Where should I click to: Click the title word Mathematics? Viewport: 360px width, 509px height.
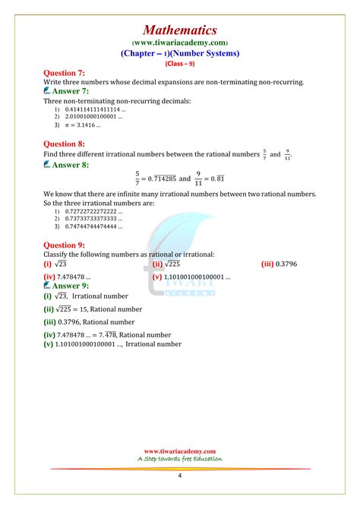tap(180, 30)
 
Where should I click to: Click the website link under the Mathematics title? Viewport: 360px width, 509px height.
tap(180, 43)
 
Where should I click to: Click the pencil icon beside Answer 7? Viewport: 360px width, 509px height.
tap(48, 90)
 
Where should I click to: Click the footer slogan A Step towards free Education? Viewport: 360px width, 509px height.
tap(180, 459)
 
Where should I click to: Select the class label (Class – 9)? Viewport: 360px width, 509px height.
tap(180, 63)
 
